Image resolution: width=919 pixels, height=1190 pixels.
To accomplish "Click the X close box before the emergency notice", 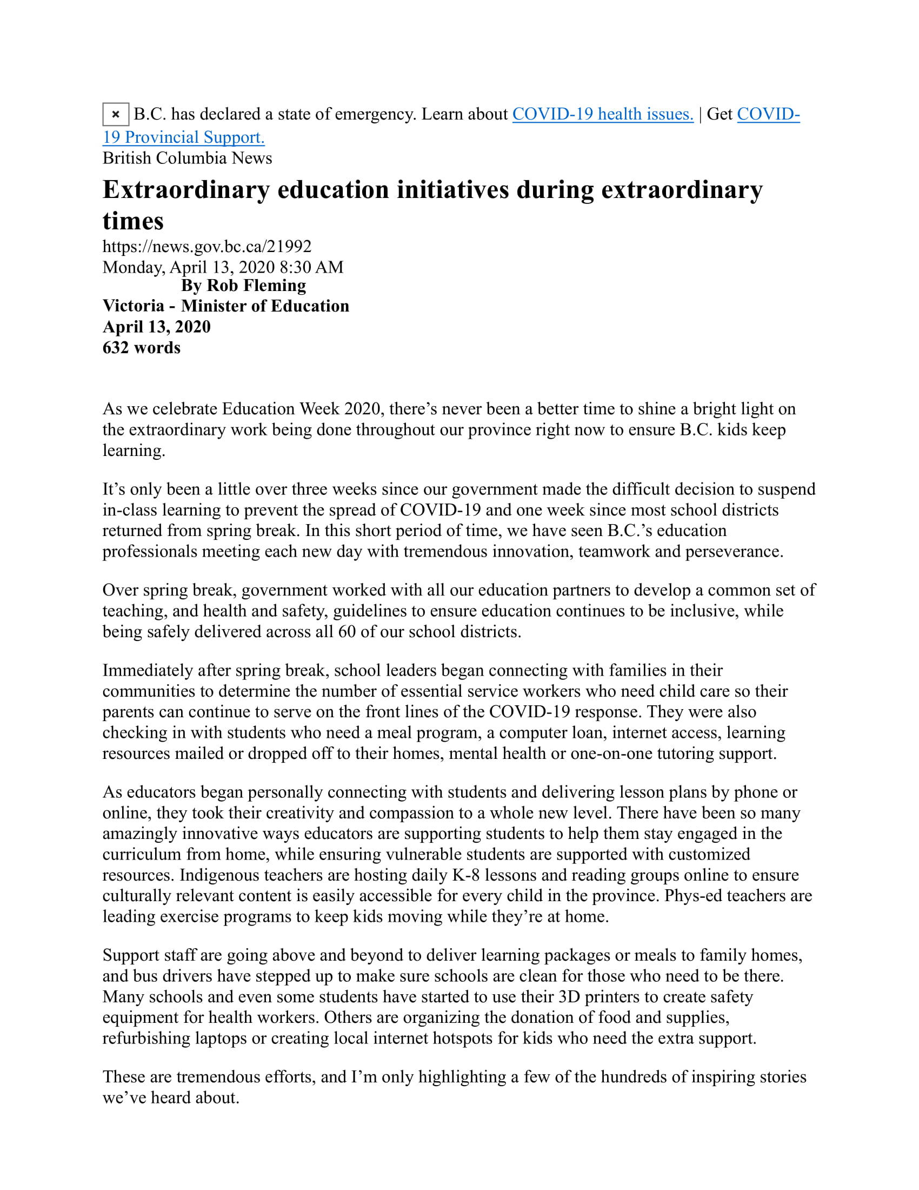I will pyautogui.click(x=116, y=115).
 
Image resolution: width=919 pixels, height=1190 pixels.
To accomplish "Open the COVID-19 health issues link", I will pyautogui.click(x=603, y=115).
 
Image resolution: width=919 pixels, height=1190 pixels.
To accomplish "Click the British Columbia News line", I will pyautogui.click(x=187, y=158).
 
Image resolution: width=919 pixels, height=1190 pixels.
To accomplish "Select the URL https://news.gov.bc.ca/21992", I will pyautogui.click(x=207, y=246).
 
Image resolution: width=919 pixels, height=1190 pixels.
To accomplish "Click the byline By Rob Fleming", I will pyautogui.click(x=243, y=286).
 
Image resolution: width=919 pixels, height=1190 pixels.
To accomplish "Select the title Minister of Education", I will pyautogui.click(x=265, y=306).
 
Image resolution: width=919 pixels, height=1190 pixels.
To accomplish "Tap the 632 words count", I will pyautogui.click(x=142, y=348).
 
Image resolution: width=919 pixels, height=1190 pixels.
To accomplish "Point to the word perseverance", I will pyautogui.click(x=733, y=551).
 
